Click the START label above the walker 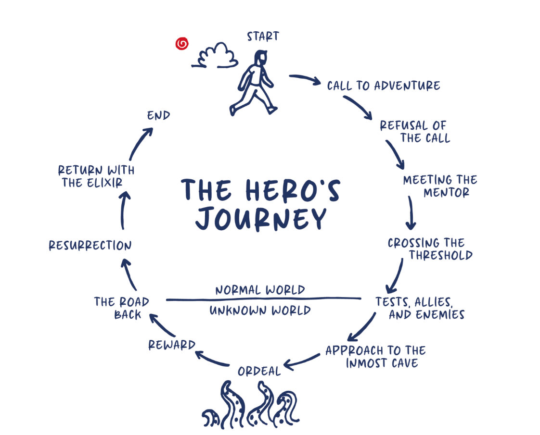(263, 37)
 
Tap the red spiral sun (182, 44)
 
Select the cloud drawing (216, 56)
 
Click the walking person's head (260, 59)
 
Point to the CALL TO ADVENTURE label (384, 86)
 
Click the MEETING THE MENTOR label (439, 186)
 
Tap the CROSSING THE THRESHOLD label (430, 249)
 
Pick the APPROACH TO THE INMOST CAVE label (375, 356)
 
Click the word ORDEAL (259, 371)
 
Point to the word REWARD (172, 345)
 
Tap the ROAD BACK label (122, 308)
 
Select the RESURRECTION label (90, 246)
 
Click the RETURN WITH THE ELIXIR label (96, 176)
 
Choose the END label (159, 116)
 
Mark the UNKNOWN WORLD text (260, 311)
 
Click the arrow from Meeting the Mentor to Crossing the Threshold (411, 212)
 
